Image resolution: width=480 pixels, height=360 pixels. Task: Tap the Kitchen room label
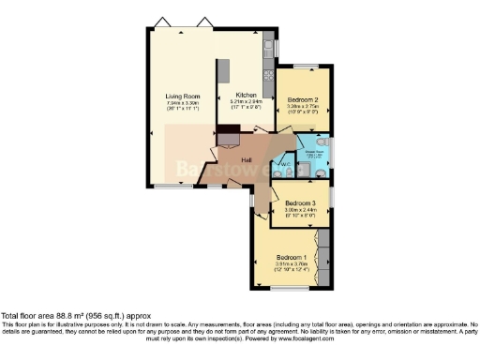click(x=246, y=95)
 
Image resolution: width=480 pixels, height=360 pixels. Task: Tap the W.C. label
click(x=285, y=165)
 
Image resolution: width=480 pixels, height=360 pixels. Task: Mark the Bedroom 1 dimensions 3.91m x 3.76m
click(x=292, y=265)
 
